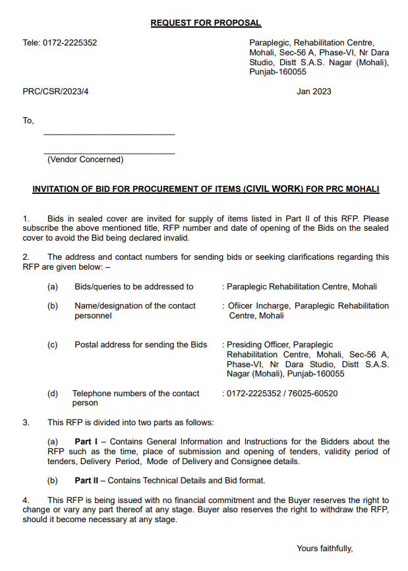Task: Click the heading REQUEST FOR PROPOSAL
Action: [x=206, y=23]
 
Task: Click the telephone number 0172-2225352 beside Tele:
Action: [x=70, y=43]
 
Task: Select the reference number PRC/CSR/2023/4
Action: [x=55, y=92]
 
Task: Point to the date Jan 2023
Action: [x=314, y=92]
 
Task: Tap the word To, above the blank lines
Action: [x=28, y=121]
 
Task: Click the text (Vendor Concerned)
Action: [x=84, y=160]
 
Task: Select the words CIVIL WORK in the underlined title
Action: [x=275, y=189]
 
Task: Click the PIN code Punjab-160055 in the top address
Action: [x=277, y=72]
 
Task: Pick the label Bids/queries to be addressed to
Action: [x=134, y=287]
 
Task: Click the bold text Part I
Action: [x=86, y=442]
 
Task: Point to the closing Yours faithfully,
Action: [x=325, y=549]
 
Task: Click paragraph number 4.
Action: [x=26, y=500]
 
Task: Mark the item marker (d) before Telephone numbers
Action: [x=53, y=394]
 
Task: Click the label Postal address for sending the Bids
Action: [x=140, y=345]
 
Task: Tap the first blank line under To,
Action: [x=109, y=134]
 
